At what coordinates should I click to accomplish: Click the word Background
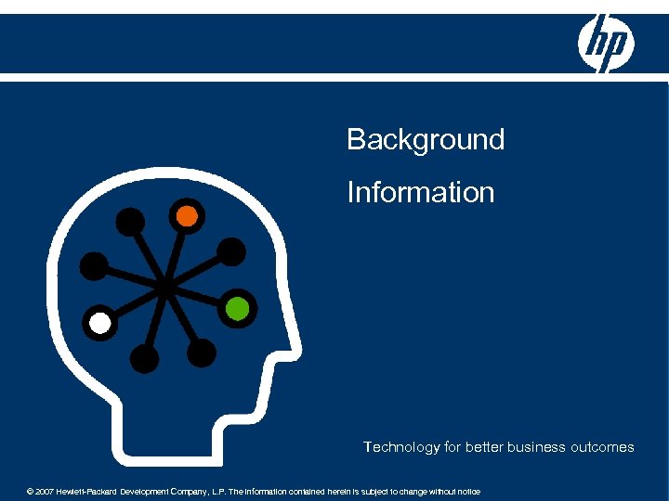[x=426, y=140]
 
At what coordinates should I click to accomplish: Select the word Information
[x=420, y=192]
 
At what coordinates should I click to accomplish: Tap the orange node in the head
[x=187, y=215]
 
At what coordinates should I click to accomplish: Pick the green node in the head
[x=237, y=308]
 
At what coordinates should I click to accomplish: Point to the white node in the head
[x=99, y=324]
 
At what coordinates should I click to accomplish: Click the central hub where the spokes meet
[x=165, y=288]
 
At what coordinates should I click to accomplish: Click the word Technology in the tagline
[x=401, y=447]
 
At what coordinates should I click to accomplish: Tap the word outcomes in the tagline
[x=599, y=447]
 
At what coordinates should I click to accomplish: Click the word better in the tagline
[x=483, y=447]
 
